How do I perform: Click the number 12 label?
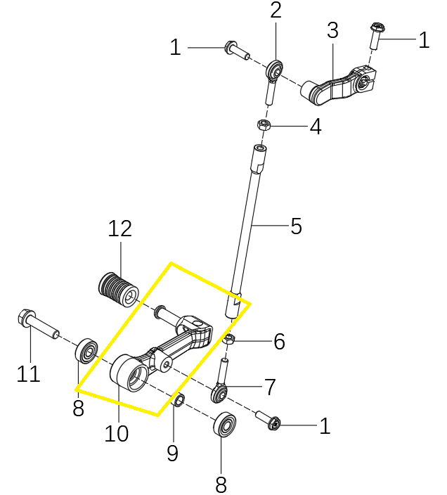pos(120,229)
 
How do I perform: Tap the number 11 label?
pos(29,375)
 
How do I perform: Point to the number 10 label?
pos(117,433)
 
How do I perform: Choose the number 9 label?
pos(172,453)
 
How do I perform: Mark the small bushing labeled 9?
pos(179,401)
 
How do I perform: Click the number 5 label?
pos(296,226)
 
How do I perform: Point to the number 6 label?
pos(279,342)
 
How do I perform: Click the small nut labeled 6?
pos(230,341)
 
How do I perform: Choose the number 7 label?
pos(270,386)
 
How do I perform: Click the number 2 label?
pos(276,11)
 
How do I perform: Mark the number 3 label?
pos(332,30)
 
